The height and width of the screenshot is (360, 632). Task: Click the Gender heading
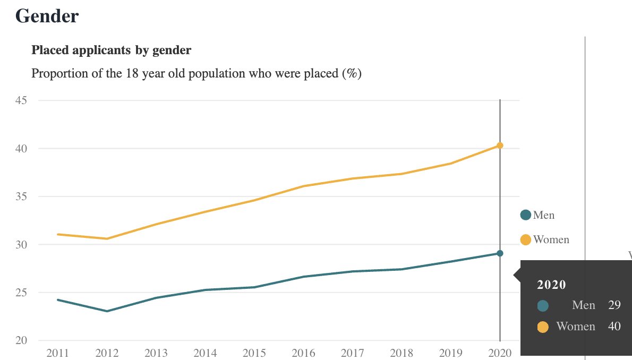[47, 16]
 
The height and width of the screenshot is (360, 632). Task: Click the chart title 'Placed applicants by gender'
[111, 50]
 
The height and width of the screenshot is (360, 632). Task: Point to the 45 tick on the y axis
[22, 100]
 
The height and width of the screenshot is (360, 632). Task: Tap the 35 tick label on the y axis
[22, 196]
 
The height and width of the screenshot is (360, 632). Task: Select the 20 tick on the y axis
[22, 340]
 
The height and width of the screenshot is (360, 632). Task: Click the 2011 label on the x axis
[57, 353]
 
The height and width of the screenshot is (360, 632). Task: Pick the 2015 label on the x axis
[254, 353]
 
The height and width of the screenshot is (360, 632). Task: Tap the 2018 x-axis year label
[402, 353]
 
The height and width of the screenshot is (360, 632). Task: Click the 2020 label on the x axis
[500, 353]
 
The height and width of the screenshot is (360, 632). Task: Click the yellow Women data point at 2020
[500, 145]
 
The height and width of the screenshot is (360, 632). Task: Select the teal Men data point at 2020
[500, 253]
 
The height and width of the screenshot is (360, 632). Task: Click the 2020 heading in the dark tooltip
[551, 285]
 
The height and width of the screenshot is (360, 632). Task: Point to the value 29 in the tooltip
[614, 305]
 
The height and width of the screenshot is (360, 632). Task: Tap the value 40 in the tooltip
[614, 327]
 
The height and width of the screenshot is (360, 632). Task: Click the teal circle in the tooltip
[543, 306]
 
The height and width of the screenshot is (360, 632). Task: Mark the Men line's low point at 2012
[107, 311]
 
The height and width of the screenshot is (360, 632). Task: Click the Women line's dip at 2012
[107, 238]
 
